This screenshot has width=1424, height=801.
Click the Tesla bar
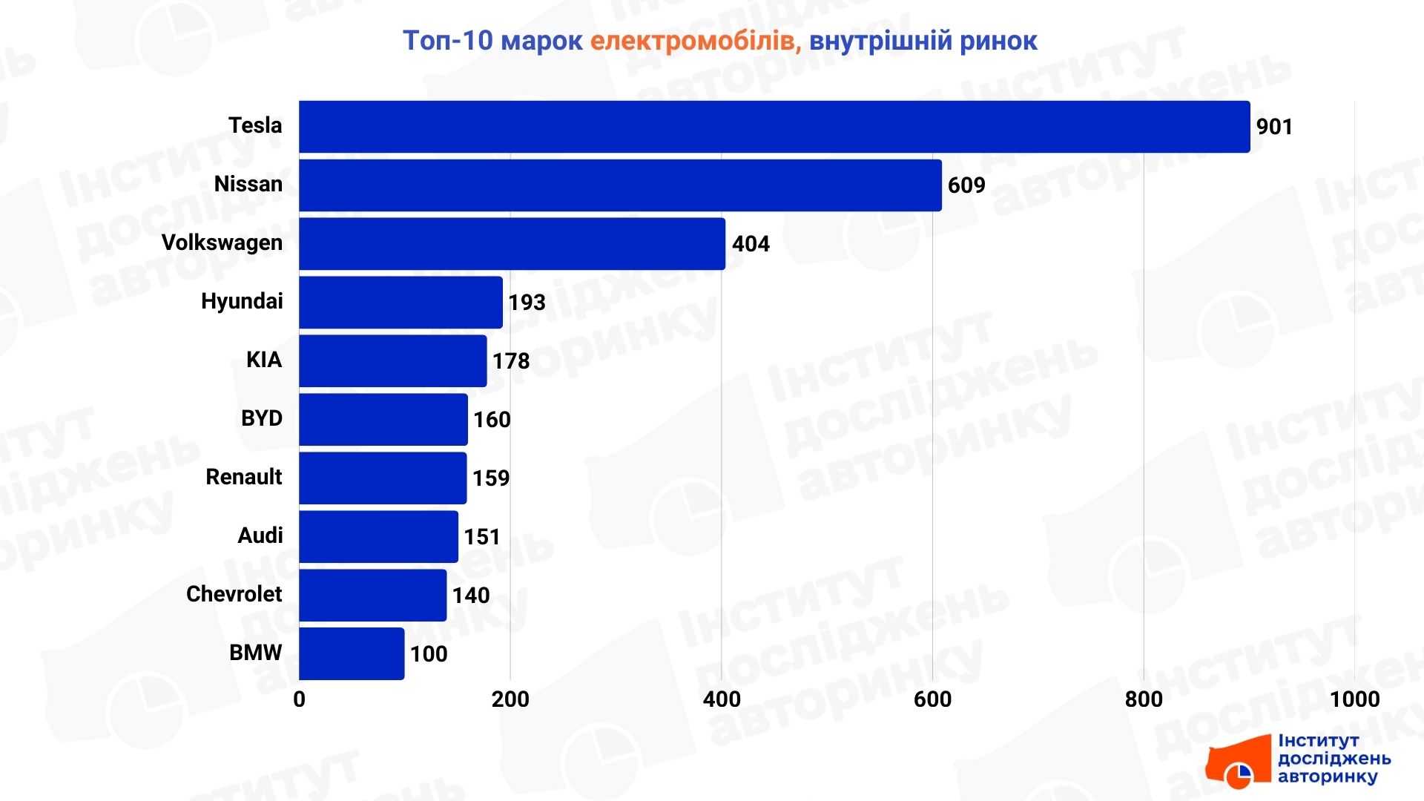(774, 127)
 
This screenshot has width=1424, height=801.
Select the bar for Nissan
(620, 185)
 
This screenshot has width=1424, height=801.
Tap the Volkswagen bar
(512, 244)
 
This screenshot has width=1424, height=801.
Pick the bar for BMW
(352, 653)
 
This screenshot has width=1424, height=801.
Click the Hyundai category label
(242, 301)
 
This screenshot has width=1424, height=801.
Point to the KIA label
(264, 360)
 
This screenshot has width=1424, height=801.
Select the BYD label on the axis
(262, 418)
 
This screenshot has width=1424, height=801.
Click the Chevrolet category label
(234, 594)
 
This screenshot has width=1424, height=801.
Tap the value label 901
(1274, 127)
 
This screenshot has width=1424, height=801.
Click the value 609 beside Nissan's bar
(966, 185)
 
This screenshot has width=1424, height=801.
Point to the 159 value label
(491, 478)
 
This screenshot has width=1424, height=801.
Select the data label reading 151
(482, 537)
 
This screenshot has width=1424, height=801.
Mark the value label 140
(471, 596)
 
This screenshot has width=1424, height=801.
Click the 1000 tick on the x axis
(1354, 699)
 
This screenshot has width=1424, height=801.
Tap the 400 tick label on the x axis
(722, 699)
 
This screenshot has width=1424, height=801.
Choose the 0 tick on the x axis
(300, 699)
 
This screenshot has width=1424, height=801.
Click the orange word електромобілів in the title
(696, 41)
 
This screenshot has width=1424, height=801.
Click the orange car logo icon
(1237, 762)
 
